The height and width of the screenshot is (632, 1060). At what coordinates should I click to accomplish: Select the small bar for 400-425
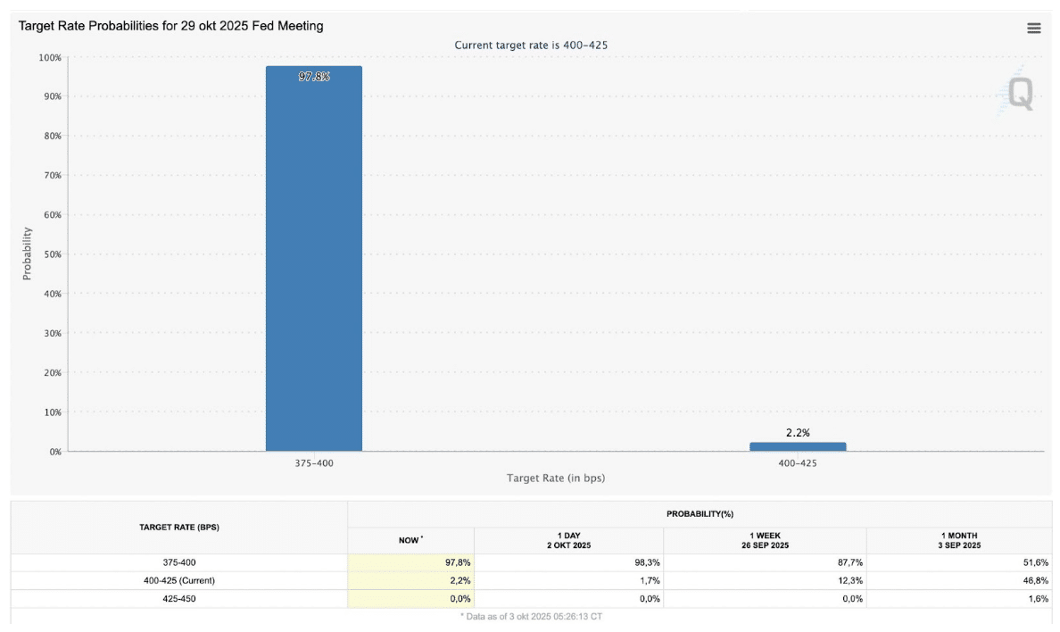tap(798, 446)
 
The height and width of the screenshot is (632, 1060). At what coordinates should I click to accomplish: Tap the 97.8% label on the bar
tap(314, 77)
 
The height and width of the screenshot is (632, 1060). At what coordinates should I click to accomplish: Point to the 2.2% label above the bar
tap(798, 433)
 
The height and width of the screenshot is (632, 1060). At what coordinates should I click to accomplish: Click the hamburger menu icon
tap(1034, 29)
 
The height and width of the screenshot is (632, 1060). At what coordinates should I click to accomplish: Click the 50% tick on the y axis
tap(50, 254)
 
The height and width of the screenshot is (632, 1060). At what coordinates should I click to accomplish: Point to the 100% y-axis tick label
tap(48, 57)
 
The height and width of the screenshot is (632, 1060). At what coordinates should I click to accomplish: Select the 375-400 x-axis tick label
tap(313, 463)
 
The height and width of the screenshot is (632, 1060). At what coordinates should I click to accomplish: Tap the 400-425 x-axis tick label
tap(798, 463)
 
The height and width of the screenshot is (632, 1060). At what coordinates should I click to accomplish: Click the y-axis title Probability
tap(27, 254)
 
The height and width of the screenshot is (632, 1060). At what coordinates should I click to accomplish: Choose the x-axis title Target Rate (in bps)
tap(555, 478)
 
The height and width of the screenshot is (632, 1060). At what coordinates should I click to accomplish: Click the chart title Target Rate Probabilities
tap(171, 27)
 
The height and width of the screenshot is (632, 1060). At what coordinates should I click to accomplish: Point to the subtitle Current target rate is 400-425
tap(531, 45)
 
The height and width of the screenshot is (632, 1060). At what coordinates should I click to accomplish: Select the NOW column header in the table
tap(410, 540)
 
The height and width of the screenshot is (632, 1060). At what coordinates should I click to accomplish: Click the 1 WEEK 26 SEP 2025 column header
tap(765, 540)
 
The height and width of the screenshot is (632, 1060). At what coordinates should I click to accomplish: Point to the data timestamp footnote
tap(531, 617)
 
